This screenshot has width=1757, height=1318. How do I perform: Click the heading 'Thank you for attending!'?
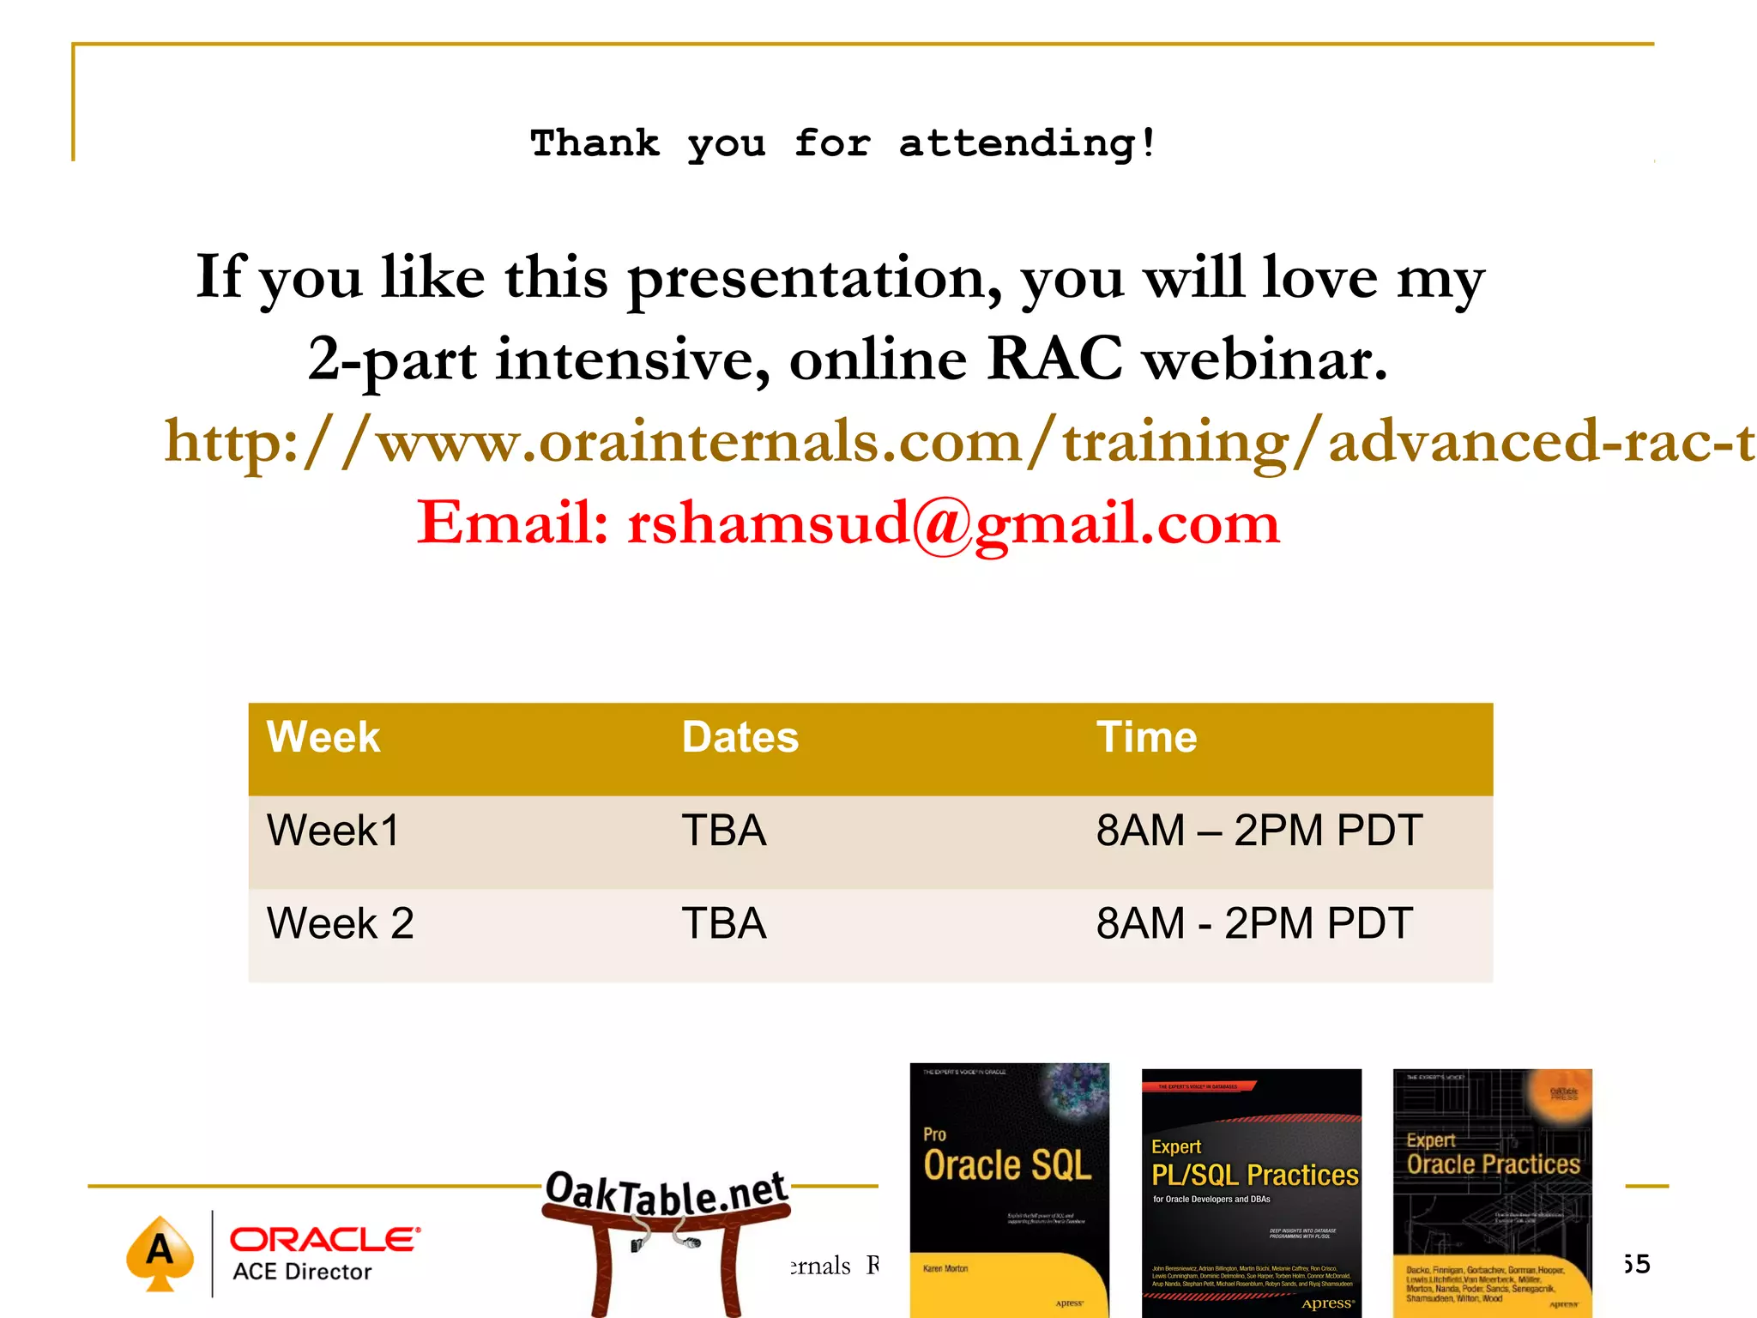point(843,142)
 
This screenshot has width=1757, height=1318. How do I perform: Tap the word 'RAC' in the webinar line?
point(1054,359)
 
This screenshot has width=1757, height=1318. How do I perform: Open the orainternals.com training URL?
point(958,441)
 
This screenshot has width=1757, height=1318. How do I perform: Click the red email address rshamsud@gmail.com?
point(953,523)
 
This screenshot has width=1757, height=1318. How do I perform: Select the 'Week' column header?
point(323,737)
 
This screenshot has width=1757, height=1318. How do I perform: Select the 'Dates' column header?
point(740,737)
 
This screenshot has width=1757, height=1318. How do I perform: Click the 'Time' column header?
point(1146,737)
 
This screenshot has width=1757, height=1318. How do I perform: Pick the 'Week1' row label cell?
point(333,831)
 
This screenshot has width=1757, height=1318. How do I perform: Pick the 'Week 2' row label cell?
point(340,924)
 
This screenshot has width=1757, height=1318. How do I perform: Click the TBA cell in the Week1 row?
point(723,831)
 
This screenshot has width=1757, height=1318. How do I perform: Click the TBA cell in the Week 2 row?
point(723,924)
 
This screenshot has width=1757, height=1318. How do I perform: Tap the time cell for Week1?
point(1259,831)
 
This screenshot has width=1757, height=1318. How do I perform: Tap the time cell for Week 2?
point(1253,924)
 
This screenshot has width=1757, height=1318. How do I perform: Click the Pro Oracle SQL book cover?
point(1009,1189)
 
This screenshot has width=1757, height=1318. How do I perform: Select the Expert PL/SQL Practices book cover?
point(1251,1193)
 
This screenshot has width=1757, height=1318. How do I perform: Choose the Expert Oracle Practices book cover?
point(1492,1193)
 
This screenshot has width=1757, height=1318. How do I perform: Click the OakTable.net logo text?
point(666,1193)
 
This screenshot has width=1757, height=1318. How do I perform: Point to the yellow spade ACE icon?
point(160,1252)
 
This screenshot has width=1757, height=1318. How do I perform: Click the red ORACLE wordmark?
point(324,1239)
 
